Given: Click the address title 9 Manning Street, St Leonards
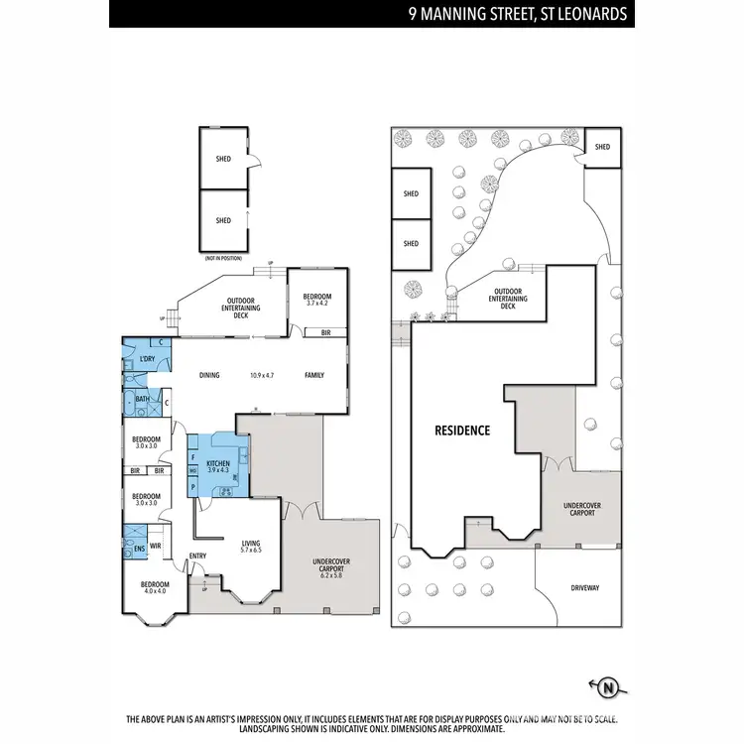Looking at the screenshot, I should click(518, 15).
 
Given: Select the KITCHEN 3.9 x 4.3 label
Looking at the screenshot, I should click(217, 466).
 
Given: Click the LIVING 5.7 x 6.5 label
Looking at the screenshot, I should click(251, 547).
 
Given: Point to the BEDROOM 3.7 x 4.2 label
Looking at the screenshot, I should click(317, 301).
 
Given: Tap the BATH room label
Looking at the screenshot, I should click(143, 400).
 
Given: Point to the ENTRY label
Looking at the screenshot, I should click(197, 556).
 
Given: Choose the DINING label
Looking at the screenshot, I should click(209, 375).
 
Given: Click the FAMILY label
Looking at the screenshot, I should click(314, 375).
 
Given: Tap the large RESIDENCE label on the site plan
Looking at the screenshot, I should click(463, 431).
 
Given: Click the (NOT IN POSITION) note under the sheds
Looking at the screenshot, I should click(222, 258).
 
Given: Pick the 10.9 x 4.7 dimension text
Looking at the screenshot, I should click(262, 375).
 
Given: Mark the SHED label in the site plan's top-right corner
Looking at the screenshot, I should click(602, 147).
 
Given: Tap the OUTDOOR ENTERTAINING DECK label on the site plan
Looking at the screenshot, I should click(508, 299).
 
